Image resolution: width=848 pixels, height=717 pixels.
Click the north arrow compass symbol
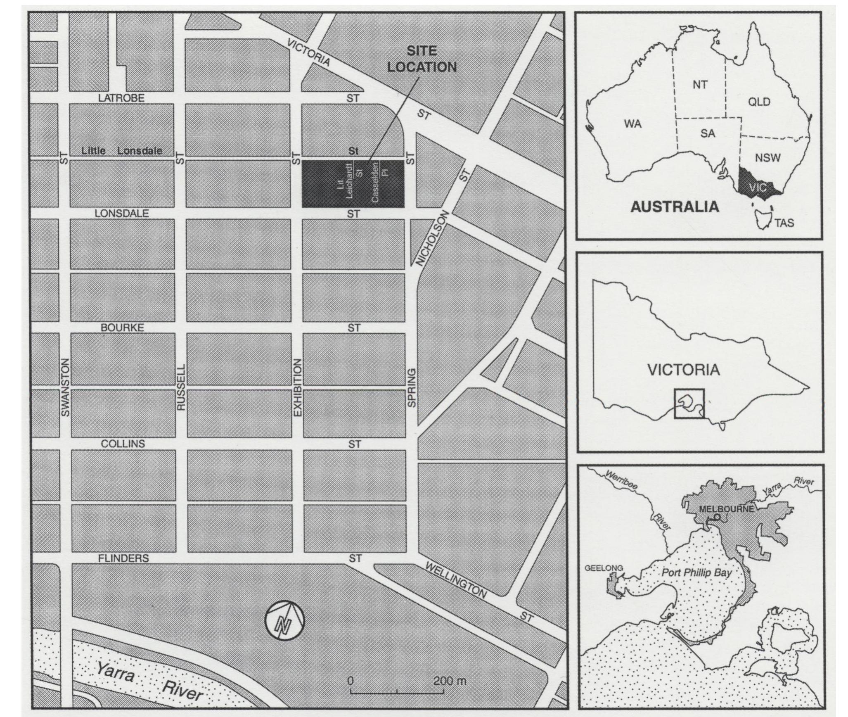pos(285,620)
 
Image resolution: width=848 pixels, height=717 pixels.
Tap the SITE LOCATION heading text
pos(422,59)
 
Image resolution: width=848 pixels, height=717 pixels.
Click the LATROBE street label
pos(121,98)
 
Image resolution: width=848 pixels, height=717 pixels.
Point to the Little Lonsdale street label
pos(122,151)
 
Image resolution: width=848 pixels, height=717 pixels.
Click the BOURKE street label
pos(122,328)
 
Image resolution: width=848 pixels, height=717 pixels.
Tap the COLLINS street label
pos(123,444)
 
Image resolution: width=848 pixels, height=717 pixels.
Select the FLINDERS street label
pos(123,558)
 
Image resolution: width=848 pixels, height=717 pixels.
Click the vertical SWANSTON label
pos(65,387)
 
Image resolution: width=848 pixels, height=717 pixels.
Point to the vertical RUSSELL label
pos(181,387)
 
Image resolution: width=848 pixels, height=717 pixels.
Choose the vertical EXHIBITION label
pos(298,387)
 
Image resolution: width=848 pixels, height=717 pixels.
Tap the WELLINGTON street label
pos(455,580)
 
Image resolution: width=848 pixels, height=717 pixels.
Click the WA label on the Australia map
pos(633,123)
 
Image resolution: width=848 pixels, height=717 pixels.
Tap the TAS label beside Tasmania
pos(784,223)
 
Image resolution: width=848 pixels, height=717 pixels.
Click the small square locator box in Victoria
pos(689,404)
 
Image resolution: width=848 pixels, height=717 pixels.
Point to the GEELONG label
pos(604,568)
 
